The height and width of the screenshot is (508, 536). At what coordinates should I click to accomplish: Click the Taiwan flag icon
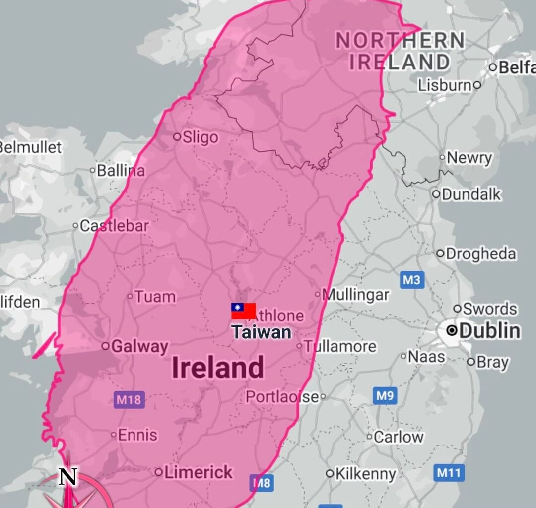coord(244,311)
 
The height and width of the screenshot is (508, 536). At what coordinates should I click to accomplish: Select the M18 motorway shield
coord(129,399)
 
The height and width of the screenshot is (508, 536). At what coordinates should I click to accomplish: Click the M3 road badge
coord(411,280)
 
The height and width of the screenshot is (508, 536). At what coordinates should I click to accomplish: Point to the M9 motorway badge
coord(385,396)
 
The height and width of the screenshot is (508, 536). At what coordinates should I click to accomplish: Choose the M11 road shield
coord(449,473)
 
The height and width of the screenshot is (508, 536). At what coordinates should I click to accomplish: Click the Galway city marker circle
coord(106,346)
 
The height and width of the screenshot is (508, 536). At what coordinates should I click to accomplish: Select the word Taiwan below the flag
coord(262,332)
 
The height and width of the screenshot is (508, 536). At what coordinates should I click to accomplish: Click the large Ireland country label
coord(218,368)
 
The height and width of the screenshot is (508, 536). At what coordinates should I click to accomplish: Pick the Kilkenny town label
coord(366,474)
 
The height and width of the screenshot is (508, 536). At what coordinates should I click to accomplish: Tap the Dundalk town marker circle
coord(436,194)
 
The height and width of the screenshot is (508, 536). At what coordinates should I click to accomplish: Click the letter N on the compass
coord(68,477)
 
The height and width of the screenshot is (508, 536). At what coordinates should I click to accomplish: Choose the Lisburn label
coord(445,85)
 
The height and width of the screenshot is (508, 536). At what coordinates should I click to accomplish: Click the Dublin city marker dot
coord(452,330)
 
